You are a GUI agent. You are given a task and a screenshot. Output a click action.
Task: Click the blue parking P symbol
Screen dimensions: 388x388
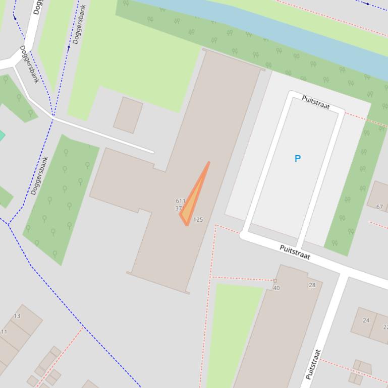(x=297, y=159)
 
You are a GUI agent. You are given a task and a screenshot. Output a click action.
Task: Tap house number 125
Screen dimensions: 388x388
(x=198, y=220)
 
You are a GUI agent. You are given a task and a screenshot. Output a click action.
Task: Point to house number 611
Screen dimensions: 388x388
(x=181, y=201)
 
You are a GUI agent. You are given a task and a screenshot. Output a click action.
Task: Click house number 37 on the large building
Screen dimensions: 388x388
(x=178, y=208)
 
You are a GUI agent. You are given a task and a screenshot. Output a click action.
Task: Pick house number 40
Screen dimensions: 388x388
(x=276, y=288)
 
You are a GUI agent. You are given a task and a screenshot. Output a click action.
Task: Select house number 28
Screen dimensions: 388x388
(x=312, y=285)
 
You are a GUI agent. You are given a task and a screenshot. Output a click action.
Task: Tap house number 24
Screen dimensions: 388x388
(x=366, y=320)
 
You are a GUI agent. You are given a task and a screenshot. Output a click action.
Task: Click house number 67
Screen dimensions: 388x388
(x=379, y=207)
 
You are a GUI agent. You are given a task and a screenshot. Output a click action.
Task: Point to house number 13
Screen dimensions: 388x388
(x=17, y=316)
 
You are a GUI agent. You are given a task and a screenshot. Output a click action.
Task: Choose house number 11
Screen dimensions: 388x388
(x=4, y=332)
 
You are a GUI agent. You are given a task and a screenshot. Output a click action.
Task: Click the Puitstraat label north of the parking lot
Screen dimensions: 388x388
(x=316, y=102)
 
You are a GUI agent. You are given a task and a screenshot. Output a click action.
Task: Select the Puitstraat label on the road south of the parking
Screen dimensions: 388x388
(x=294, y=252)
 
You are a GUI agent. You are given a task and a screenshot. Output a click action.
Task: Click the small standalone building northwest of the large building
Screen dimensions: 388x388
(x=128, y=115)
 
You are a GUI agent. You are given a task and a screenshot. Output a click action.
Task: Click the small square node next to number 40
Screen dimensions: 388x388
(x=275, y=281)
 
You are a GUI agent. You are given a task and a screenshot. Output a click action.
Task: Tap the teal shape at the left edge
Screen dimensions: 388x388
(x=2, y=135)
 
